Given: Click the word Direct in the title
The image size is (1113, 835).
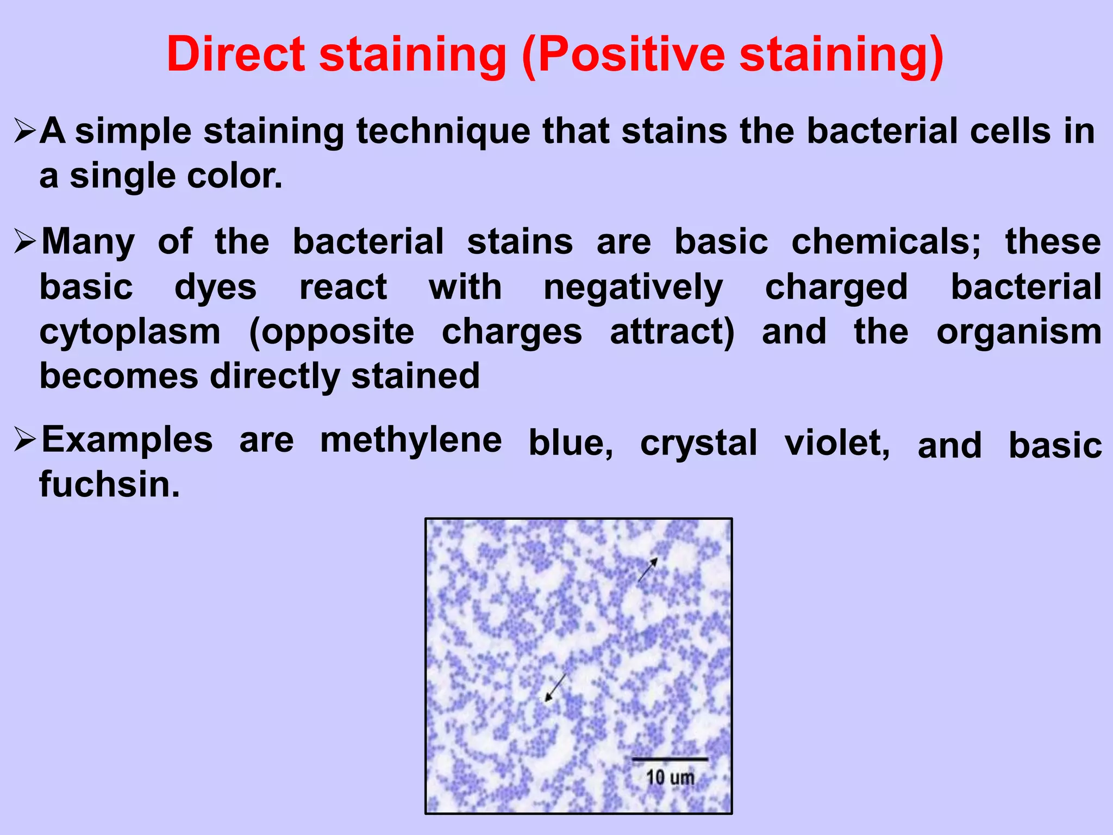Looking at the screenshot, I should (236, 54).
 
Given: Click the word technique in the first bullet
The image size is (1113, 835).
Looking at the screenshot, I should (443, 132).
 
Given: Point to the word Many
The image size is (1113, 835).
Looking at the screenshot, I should (89, 242).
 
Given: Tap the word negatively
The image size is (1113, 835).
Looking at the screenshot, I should (633, 288).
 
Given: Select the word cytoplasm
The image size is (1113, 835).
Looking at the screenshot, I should (130, 333).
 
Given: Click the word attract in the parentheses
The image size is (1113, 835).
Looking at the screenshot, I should (672, 333).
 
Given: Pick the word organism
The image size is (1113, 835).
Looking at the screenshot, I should (1019, 333).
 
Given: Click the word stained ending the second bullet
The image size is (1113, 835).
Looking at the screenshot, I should (415, 376).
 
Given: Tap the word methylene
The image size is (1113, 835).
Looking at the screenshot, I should (411, 440).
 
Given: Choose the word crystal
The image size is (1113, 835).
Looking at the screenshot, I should (698, 444).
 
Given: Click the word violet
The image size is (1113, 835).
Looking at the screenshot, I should (837, 444).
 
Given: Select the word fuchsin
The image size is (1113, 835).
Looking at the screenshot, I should (109, 484).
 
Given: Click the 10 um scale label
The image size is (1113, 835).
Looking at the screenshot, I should (670, 777).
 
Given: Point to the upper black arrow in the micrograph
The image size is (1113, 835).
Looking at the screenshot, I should (647, 570).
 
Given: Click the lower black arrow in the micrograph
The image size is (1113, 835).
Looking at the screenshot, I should (555, 688).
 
